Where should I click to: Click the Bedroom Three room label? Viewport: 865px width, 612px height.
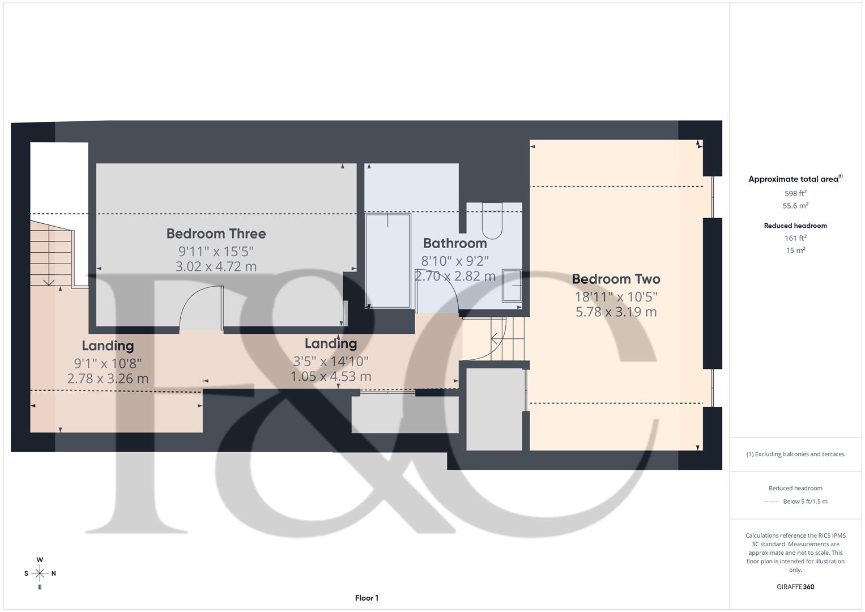click(x=216, y=233)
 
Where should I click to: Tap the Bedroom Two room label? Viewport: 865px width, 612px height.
click(x=616, y=279)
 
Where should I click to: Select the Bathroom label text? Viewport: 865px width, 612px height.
click(x=455, y=243)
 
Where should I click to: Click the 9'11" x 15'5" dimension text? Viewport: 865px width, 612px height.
click(x=216, y=250)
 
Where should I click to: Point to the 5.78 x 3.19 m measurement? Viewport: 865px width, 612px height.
click(x=616, y=312)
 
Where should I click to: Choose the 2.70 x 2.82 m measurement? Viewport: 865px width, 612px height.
click(x=455, y=276)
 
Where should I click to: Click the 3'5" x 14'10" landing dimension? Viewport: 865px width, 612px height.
click(x=331, y=360)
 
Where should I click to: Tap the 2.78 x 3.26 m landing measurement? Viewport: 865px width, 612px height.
click(x=108, y=378)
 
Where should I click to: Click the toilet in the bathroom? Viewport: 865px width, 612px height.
click(x=492, y=221)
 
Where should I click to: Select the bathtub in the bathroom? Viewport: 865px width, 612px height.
click(x=388, y=261)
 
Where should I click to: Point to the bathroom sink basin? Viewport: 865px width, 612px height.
click(x=512, y=285)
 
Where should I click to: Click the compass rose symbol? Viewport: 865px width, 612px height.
click(x=40, y=573)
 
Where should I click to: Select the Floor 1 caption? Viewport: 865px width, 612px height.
click(x=367, y=598)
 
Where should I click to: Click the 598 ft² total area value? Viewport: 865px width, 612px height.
click(x=795, y=193)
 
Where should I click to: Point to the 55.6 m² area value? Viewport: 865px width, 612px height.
click(x=795, y=206)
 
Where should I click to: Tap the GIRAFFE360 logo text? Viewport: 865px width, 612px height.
click(x=795, y=586)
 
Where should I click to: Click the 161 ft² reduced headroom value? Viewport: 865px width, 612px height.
click(x=795, y=238)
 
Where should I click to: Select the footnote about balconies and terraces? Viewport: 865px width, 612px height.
click(x=795, y=454)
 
